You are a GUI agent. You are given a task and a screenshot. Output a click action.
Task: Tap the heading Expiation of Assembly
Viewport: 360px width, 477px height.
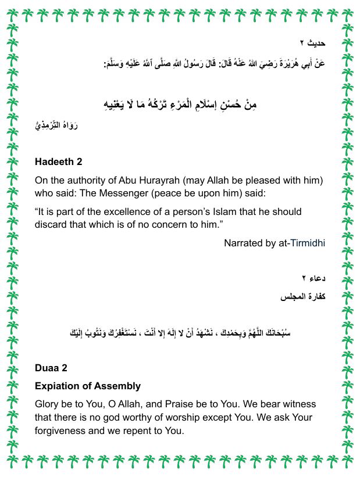click(x=88, y=386)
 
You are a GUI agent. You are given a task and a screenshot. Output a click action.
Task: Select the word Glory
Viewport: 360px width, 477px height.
click(x=48, y=404)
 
